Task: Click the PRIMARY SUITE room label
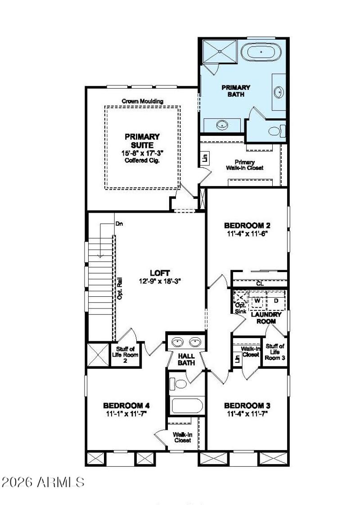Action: (142, 141)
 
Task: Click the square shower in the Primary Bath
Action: (219, 51)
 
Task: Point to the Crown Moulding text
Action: (142, 101)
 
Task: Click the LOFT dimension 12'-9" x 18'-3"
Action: (160, 282)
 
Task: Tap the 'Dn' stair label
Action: (119, 223)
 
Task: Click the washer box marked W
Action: (258, 300)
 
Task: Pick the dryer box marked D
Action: (276, 300)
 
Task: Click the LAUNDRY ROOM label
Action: (269, 318)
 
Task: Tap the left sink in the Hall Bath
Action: (179, 342)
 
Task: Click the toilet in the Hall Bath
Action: (179, 384)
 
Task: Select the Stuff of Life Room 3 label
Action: (274, 352)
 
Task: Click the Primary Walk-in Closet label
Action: (245, 165)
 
